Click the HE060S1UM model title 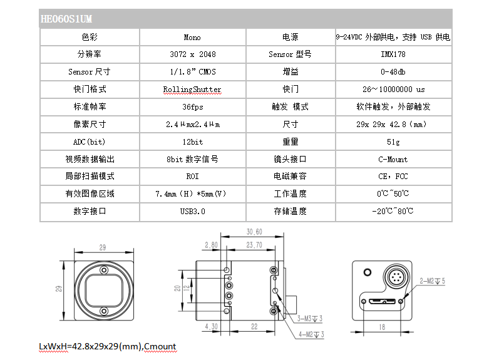click(x=66, y=19)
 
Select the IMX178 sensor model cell click(x=393, y=54)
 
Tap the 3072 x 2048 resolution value click(x=193, y=54)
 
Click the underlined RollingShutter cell click(x=192, y=90)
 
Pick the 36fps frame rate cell click(x=193, y=107)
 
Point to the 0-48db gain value click(x=393, y=71)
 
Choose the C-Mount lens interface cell click(x=393, y=160)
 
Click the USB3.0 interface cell click(x=193, y=212)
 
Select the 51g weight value click(x=393, y=142)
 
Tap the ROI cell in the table click(x=193, y=177)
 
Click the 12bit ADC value click(x=193, y=142)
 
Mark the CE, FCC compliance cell click(x=393, y=177)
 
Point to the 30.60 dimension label click(x=254, y=232)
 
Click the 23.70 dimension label click(x=254, y=245)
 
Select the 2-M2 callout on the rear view click(x=433, y=281)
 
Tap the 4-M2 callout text click(x=311, y=334)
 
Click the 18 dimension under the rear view click(x=382, y=327)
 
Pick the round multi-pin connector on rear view click(x=396, y=277)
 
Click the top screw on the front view click(x=104, y=270)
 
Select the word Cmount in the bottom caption click(x=160, y=346)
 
